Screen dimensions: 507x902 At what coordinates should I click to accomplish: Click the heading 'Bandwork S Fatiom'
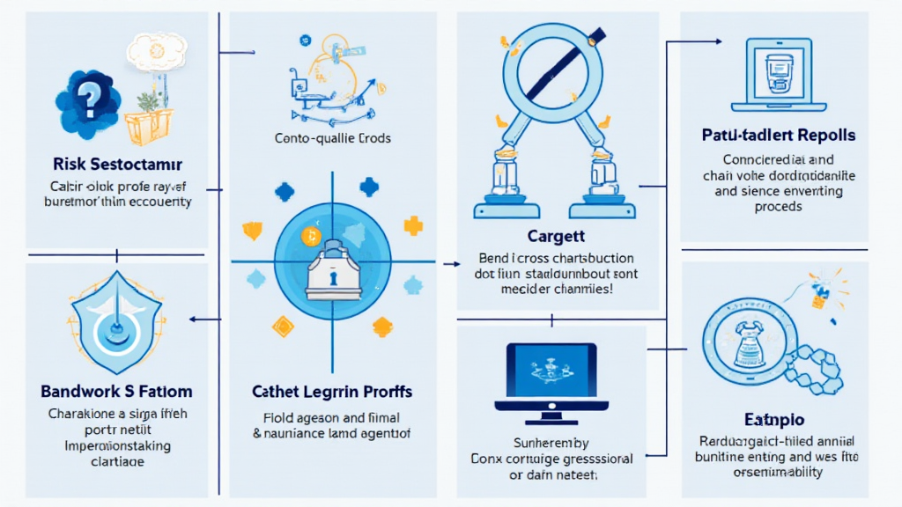click(x=116, y=390)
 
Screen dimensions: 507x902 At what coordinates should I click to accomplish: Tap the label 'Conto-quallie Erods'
click(x=333, y=138)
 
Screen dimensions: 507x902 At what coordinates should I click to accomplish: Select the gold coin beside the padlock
click(x=309, y=235)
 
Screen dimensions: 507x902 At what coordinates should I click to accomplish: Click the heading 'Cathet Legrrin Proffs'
click(x=333, y=390)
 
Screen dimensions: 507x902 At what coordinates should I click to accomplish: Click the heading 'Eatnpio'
click(x=778, y=420)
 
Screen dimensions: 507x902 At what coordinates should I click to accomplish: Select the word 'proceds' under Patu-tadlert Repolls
click(x=779, y=206)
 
